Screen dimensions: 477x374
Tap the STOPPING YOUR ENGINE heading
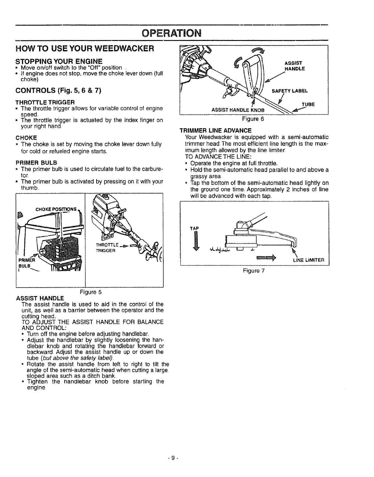pos(59,61)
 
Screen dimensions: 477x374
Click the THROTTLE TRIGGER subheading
pos(45,102)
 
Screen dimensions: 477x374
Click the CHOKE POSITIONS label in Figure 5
pos(57,210)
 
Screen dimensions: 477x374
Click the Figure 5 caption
pos(90,292)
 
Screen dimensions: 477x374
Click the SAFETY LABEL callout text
pos(290,91)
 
